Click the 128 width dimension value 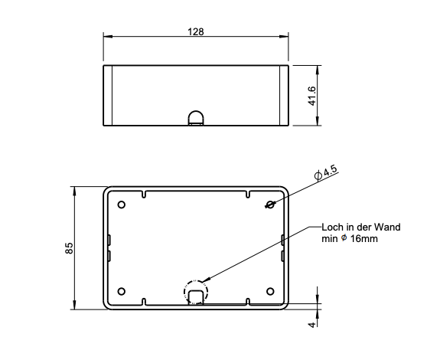(196, 31)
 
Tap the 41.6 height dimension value (312, 96)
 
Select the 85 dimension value (69, 248)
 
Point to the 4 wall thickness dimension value (311, 325)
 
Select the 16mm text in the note (363, 239)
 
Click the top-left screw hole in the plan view (121, 205)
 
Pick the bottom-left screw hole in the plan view (121, 292)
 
